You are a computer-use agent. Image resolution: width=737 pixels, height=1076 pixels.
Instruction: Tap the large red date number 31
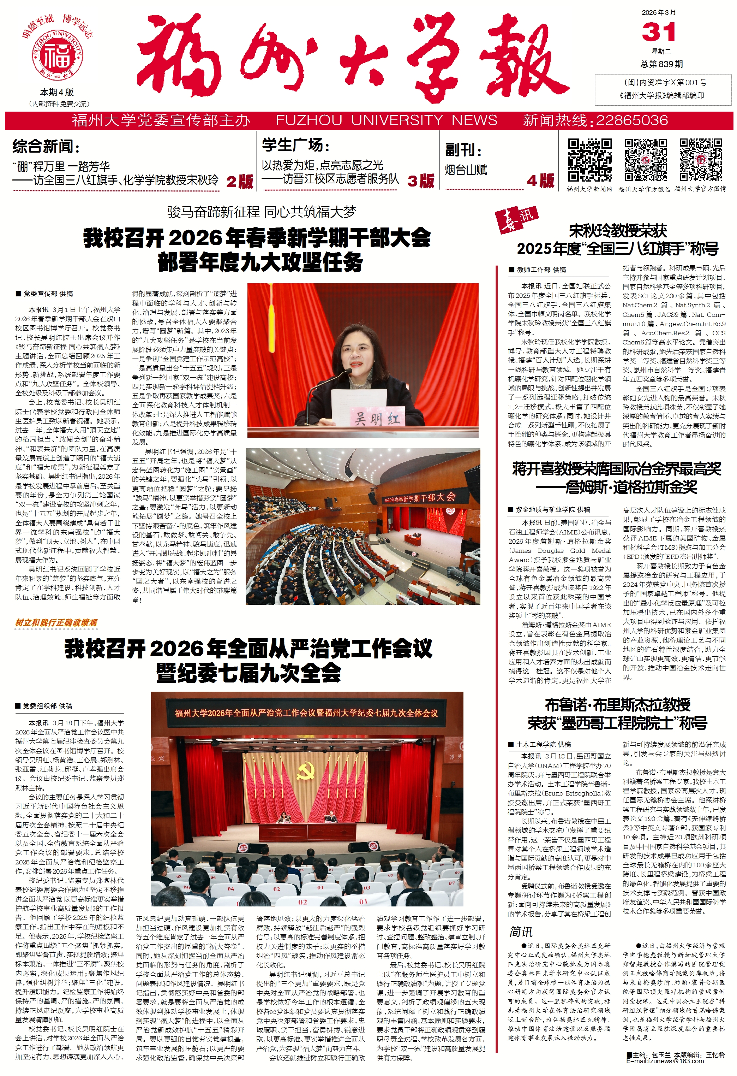point(658,32)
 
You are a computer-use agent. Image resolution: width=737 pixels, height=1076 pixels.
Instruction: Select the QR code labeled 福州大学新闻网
point(589,160)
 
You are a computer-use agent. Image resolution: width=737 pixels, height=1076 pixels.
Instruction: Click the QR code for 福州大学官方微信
point(645,160)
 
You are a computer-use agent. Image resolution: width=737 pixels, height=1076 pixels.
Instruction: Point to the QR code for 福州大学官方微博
point(700,160)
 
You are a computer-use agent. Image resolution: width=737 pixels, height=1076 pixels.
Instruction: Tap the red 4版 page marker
point(540,181)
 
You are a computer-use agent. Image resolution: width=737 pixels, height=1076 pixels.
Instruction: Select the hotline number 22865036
point(631,121)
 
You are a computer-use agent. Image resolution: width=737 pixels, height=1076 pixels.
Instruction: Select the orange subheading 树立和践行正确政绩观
point(56,623)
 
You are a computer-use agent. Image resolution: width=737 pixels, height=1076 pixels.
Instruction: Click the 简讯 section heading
point(521,932)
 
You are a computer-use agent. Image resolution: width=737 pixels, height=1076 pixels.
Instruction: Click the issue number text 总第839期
point(661,64)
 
